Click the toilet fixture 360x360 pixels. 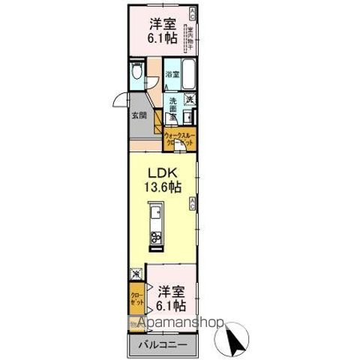[x=136, y=73]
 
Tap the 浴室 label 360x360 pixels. [x=171, y=74]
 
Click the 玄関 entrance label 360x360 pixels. [x=139, y=115]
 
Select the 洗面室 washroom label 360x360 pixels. [x=172, y=108]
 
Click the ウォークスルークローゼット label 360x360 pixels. [x=178, y=138]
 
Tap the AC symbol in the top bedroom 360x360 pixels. [x=193, y=10]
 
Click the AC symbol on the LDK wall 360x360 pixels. [x=193, y=200]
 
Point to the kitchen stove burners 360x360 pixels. [x=157, y=239]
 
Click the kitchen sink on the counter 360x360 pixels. [x=155, y=217]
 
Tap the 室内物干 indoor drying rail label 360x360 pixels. [x=191, y=34]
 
